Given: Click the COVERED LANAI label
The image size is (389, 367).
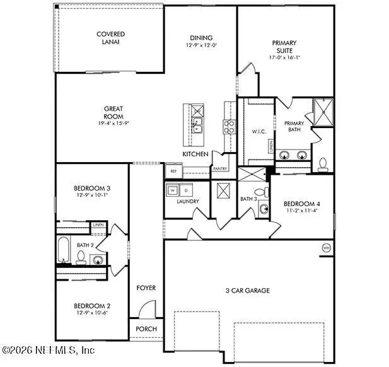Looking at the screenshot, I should (110, 38).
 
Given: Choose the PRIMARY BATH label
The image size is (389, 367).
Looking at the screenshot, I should (294, 127).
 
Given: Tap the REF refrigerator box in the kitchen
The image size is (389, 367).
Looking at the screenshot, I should (173, 171).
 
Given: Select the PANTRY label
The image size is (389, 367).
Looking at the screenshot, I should (220, 169).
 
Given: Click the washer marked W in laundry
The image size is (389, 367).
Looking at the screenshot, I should (173, 190).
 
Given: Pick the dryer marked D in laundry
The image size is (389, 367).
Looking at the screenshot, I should (187, 190).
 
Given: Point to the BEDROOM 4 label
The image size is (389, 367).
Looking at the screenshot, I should (301, 204).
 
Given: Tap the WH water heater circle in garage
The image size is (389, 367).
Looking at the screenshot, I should (326, 247).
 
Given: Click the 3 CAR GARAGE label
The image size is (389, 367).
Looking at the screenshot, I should (248, 290).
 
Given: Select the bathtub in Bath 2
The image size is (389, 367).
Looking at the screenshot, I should (64, 250).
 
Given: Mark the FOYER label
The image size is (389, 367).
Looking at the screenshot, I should (146, 288).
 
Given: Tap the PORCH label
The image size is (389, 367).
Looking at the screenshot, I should (146, 329).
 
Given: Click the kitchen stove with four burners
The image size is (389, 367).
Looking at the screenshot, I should (229, 127).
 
